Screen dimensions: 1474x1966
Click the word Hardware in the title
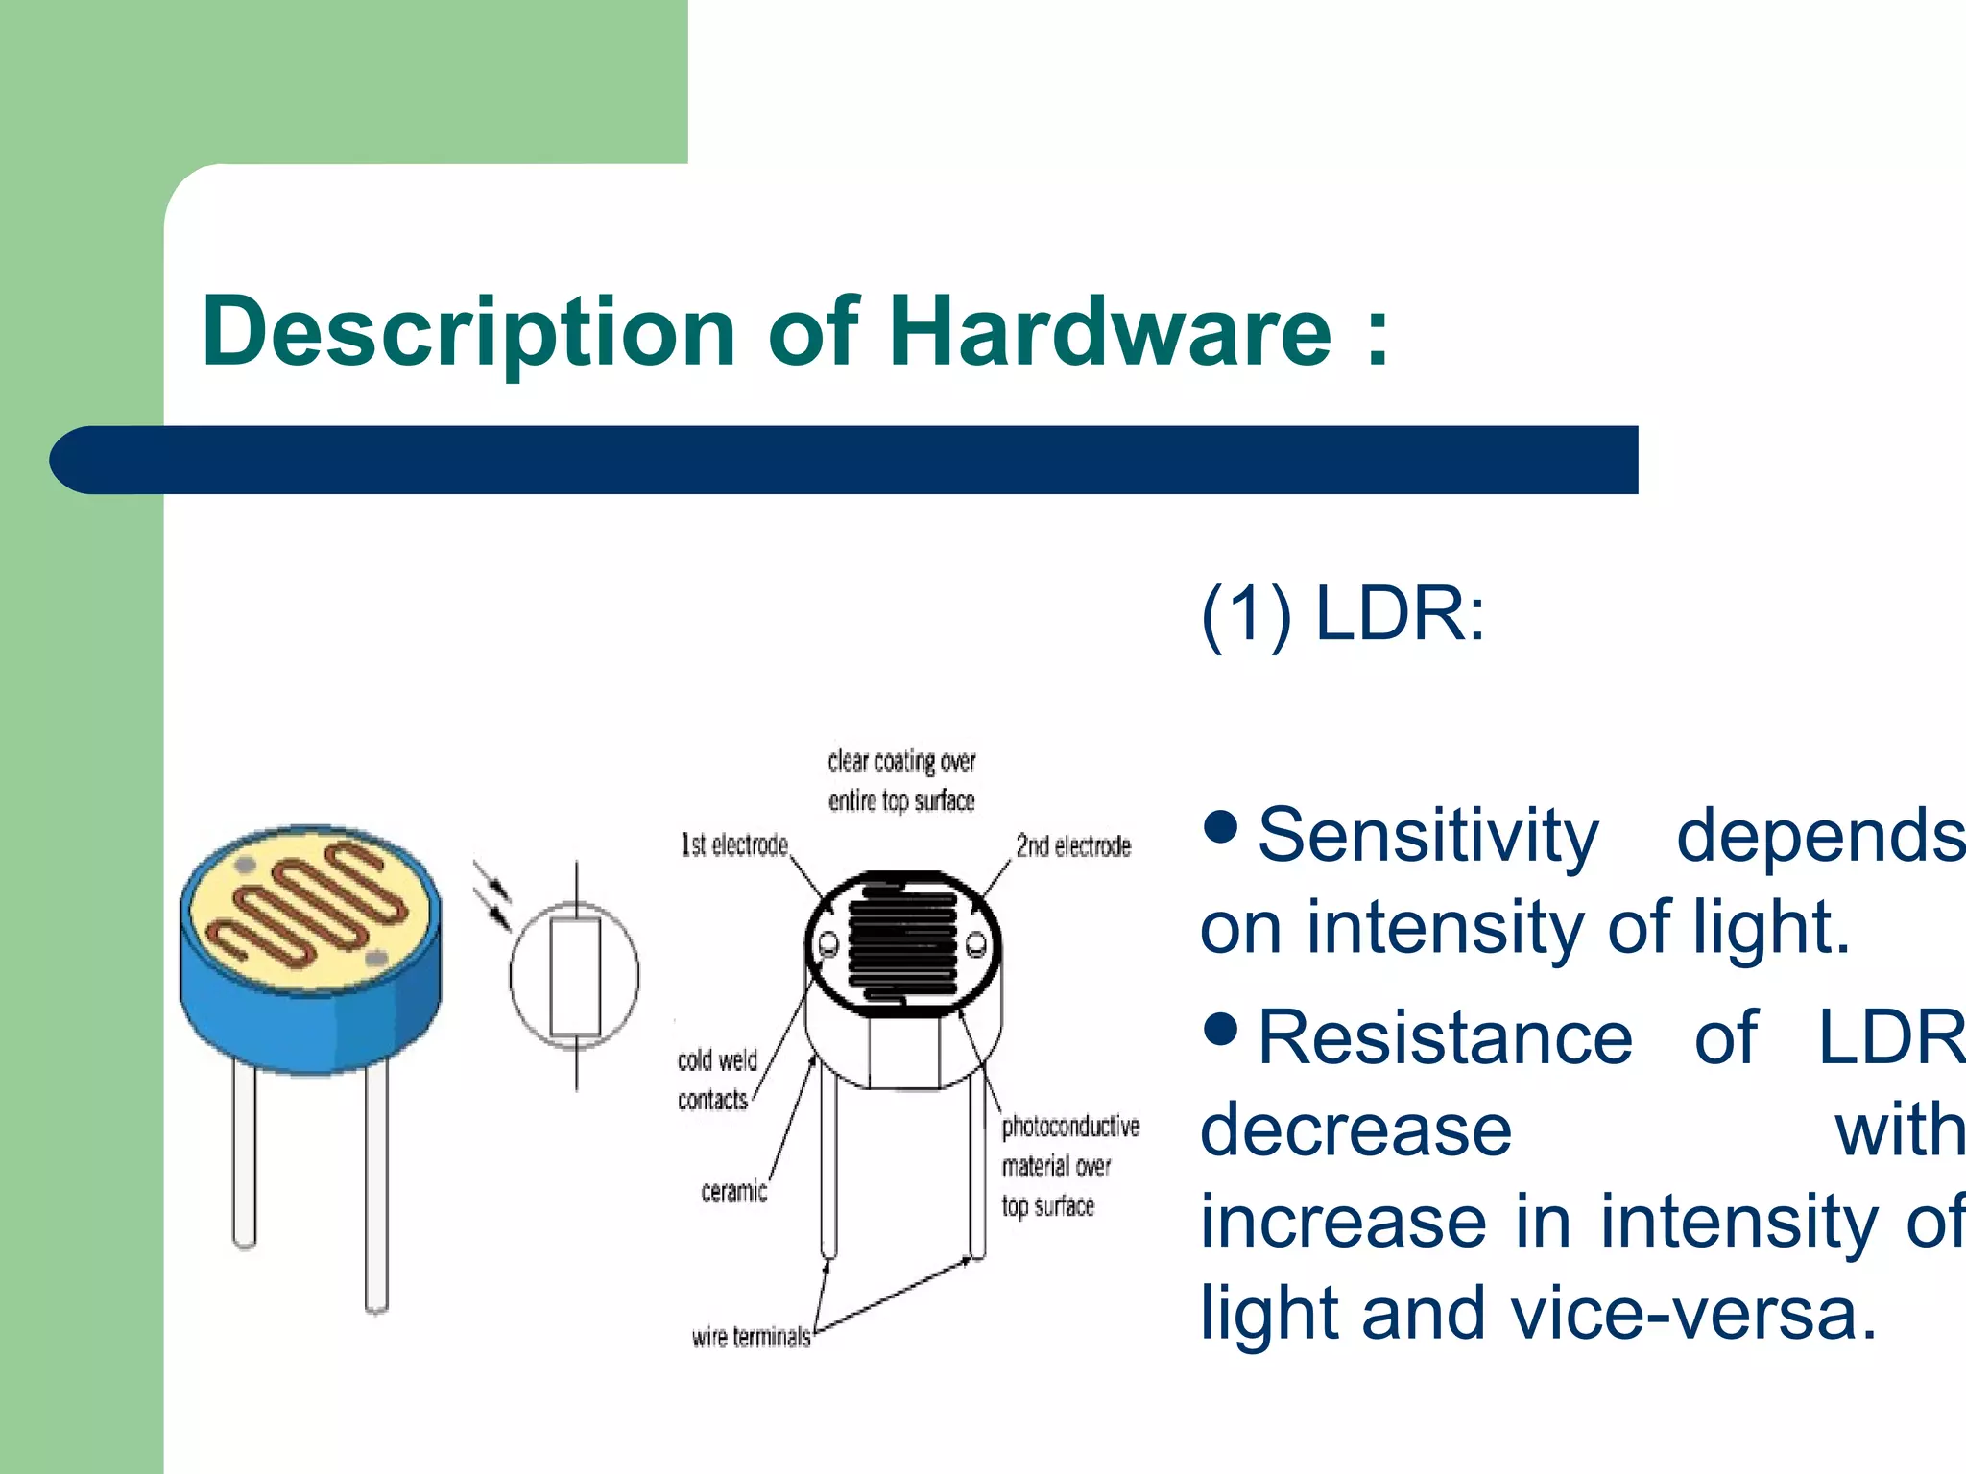[1111, 331]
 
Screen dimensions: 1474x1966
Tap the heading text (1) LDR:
[1342, 614]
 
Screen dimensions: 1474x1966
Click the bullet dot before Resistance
[1221, 1028]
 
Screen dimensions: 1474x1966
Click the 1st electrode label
[734, 845]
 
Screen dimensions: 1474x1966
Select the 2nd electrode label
[1073, 846]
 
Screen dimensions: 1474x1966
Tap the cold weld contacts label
[716, 1080]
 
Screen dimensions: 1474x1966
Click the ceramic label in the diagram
[733, 1192]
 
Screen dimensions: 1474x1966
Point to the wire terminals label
[751, 1337]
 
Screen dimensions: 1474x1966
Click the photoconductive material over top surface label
[1068, 1165]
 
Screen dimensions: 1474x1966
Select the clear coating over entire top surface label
[901, 780]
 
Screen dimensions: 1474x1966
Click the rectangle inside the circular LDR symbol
[575, 977]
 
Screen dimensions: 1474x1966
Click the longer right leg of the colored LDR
[376, 1190]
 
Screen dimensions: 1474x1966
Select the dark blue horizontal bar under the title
[845, 460]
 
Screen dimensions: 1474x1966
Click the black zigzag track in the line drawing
[902, 941]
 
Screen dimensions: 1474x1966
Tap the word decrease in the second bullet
[1355, 1130]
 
